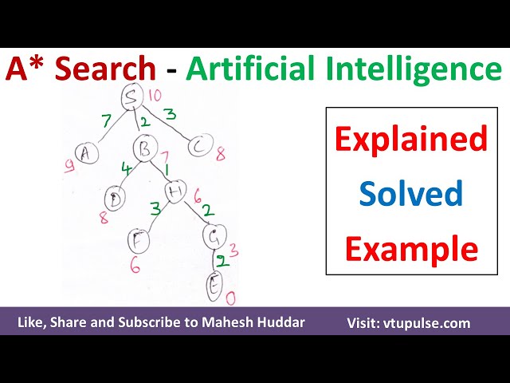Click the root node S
point(132,99)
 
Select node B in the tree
point(144,148)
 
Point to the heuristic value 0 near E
point(231,298)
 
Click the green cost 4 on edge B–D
point(125,169)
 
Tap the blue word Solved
point(410,193)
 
